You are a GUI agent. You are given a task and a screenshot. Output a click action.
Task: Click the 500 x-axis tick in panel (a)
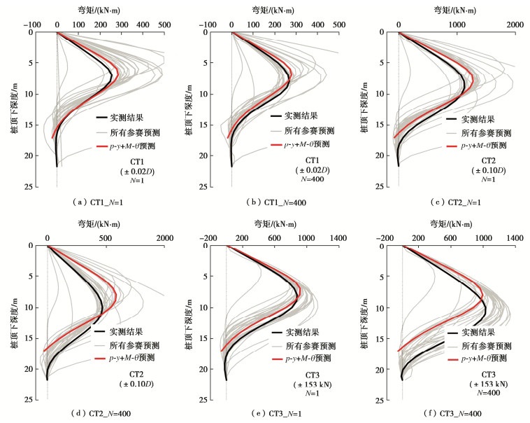pos(164,25)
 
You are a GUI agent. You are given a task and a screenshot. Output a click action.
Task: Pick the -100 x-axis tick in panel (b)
pos(208,25)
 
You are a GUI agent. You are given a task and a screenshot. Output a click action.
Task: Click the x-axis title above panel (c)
pos(454,10)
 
